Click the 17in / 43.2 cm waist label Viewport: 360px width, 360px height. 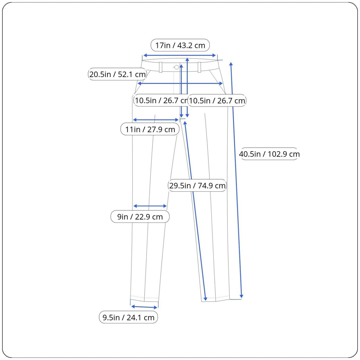tap(180, 45)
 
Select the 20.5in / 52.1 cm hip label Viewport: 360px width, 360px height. tap(117, 74)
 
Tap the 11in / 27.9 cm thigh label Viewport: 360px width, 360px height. tap(150, 129)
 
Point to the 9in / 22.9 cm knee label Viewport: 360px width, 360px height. tap(140, 217)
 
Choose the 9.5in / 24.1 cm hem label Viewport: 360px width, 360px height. tap(128, 317)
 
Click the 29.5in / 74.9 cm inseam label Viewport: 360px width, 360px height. tap(197, 185)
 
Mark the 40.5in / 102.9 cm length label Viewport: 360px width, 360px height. tap(269, 154)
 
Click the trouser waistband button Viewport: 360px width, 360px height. tap(176, 67)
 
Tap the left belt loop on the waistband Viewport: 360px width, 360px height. tap(161, 67)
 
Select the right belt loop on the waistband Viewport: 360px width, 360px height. tap(199, 67)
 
